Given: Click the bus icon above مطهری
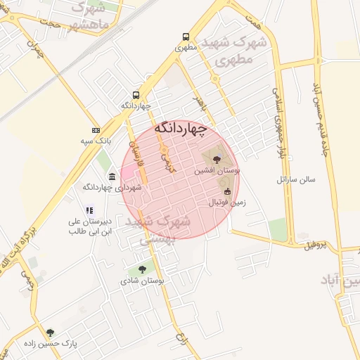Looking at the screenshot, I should coord(185,37).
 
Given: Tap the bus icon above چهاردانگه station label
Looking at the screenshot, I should coord(136,95).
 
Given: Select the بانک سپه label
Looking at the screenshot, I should coord(96,141).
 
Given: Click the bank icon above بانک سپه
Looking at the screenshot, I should coord(96,131).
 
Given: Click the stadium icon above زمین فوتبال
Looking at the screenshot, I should coord(226,191).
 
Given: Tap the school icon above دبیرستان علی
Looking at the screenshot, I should coord(89,210).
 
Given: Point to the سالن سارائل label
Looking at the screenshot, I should coord(296,179).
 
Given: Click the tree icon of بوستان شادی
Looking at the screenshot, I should coord(143,269).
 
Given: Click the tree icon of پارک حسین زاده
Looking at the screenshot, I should coord(50,333).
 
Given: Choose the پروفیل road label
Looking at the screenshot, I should coord(316,245).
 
